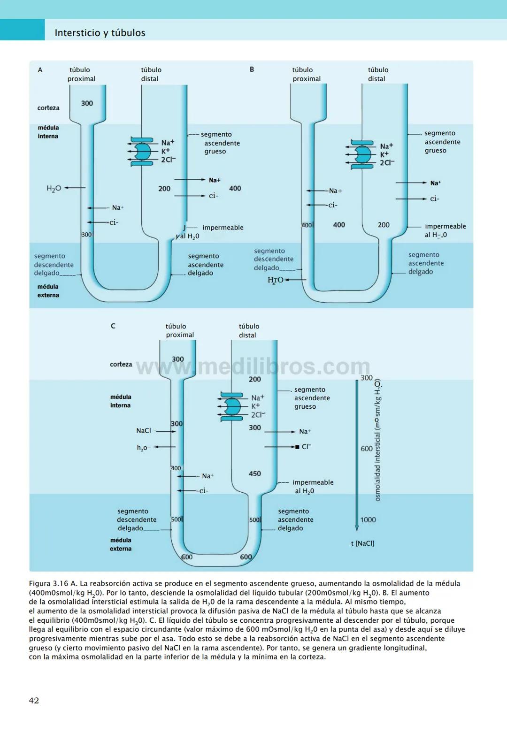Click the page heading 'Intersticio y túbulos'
click(x=100, y=33)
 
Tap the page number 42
click(x=34, y=700)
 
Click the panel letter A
click(x=40, y=70)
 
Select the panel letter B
click(x=252, y=69)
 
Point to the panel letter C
click(x=113, y=326)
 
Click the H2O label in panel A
click(x=54, y=188)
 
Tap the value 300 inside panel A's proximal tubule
click(x=87, y=103)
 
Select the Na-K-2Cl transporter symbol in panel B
click(x=362, y=154)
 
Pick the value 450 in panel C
click(x=254, y=473)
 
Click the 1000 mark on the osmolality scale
click(x=368, y=519)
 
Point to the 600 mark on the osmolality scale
click(x=367, y=449)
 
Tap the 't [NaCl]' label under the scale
click(x=362, y=543)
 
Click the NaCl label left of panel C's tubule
click(x=144, y=430)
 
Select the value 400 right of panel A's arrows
click(x=235, y=188)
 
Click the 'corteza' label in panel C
click(x=121, y=364)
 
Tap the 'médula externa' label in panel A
click(x=48, y=291)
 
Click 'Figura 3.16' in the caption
click(x=48, y=583)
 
